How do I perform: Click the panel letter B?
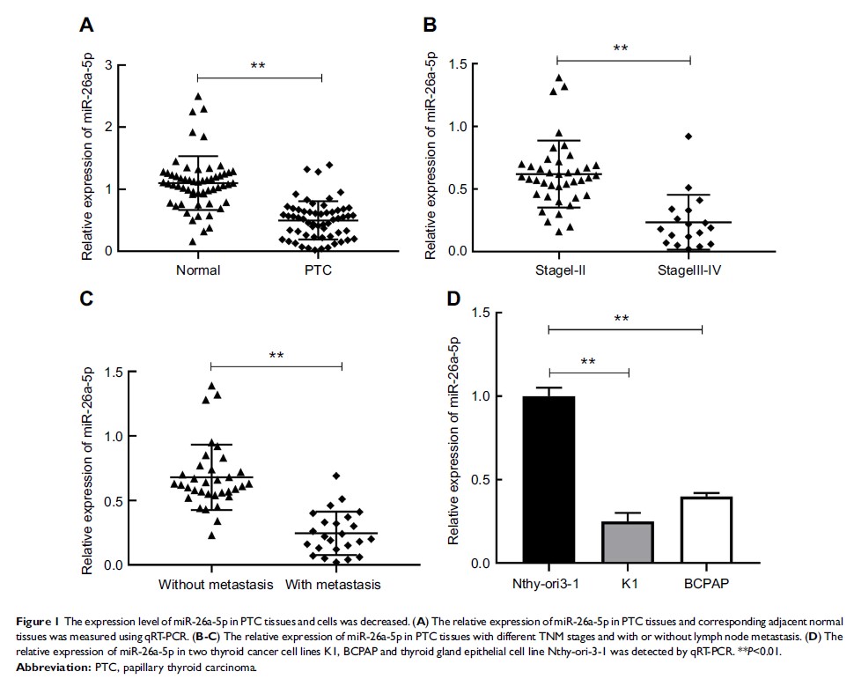[x=430, y=26]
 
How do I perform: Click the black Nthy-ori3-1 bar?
[x=548, y=479]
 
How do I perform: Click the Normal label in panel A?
[x=197, y=270]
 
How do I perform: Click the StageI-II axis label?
[x=557, y=270]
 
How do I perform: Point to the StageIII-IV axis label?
[x=690, y=270]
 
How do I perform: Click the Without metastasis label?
[x=211, y=585]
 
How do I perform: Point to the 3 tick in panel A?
[x=107, y=65]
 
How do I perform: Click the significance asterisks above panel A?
[x=258, y=67]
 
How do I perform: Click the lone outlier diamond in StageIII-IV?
[x=688, y=136]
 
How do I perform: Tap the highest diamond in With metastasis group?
[x=335, y=476]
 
